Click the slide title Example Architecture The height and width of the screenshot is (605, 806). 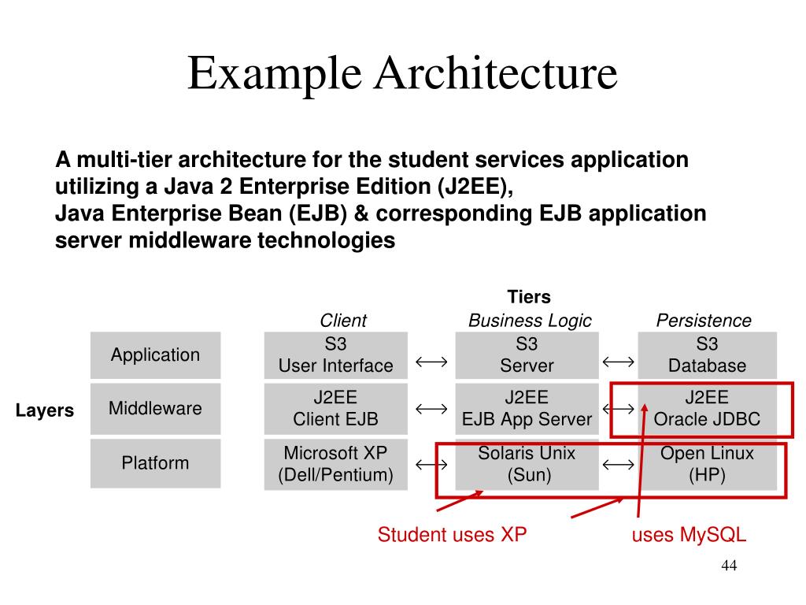click(x=402, y=73)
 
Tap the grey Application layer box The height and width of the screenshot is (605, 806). click(x=155, y=355)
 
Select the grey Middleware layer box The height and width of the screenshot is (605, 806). click(x=155, y=409)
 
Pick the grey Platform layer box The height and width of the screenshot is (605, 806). click(x=155, y=463)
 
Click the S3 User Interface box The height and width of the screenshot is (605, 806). click(x=335, y=355)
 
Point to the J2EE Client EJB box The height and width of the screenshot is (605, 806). click(x=335, y=409)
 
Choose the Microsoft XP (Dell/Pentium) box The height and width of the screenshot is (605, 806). click(x=335, y=464)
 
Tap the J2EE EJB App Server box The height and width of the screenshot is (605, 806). click(x=527, y=409)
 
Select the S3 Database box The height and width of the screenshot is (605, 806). click(x=707, y=355)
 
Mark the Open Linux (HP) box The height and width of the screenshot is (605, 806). click(x=707, y=464)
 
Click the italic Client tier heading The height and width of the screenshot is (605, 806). click(x=342, y=321)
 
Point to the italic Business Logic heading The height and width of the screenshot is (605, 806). click(x=529, y=321)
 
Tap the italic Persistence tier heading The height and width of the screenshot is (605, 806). click(x=704, y=321)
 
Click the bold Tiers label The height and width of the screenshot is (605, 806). click(x=529, y=297)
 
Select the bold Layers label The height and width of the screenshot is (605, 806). click(x=45, y=410)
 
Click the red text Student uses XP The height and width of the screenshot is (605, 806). click(x=452, y=536)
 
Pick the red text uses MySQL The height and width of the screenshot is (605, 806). click(x=689, y=536)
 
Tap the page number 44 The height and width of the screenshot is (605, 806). click(x=728, y=567)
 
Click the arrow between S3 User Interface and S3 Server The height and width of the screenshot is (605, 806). click(x=431, y=362)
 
